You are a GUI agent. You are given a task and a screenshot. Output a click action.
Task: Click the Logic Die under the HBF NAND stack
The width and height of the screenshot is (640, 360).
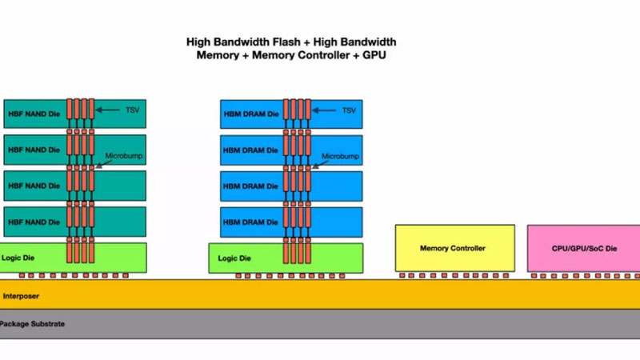pos(32,258)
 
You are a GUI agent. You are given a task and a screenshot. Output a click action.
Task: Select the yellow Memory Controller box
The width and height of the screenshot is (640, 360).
pos(453,248)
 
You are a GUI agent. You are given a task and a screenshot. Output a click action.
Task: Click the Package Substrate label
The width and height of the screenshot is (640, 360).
pos(32,324)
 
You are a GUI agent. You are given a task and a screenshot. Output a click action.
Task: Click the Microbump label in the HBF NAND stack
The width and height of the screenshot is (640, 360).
pos(124,156)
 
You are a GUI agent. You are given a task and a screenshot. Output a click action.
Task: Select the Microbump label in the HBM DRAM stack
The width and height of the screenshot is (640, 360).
pos(339,156)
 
